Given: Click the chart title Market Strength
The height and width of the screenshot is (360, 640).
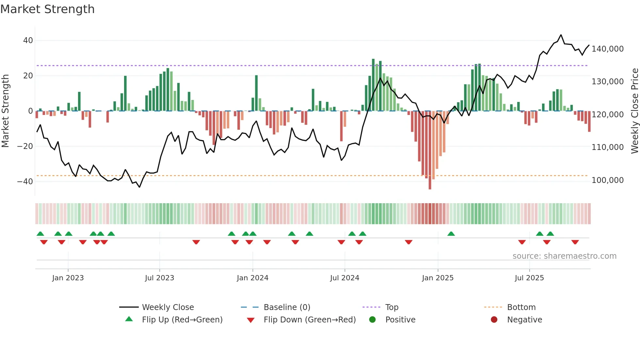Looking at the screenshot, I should coord(48,9).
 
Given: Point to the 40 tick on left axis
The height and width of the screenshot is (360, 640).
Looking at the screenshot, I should coord(28,41).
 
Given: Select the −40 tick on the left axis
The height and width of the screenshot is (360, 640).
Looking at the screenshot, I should coord(25,182).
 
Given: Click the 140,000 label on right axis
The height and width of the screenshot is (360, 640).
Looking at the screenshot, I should coord(607,49).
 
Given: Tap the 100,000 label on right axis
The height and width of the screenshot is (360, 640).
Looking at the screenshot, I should coord(607,180).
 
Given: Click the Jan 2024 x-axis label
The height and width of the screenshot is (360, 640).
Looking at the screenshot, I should coord(252,278).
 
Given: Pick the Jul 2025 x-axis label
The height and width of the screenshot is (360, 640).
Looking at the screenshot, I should coord(529,278).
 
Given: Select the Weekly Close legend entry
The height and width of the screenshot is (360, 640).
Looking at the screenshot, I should coord(168,307).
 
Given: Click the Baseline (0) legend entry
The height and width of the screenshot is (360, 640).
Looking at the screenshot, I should coord(287,307).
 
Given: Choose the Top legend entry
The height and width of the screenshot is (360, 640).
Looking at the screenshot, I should coord(392,307).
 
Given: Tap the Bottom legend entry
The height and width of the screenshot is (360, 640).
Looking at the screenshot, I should coord(521,307).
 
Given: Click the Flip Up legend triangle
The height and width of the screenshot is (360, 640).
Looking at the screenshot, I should coord(129,319).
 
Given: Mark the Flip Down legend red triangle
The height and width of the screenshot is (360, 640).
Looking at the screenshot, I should coord(251,320).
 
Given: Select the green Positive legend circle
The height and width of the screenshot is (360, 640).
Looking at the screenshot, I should coord(372,319).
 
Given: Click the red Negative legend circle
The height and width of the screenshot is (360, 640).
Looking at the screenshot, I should coord(494,319).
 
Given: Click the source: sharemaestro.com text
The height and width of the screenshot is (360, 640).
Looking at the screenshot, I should coord(564,256).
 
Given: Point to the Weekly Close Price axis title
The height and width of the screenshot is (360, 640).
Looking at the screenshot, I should coord(634,111).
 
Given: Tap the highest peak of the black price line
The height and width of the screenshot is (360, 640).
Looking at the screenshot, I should coord(561,35).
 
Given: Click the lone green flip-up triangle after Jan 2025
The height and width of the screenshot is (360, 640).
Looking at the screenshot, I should coord(451,234).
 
